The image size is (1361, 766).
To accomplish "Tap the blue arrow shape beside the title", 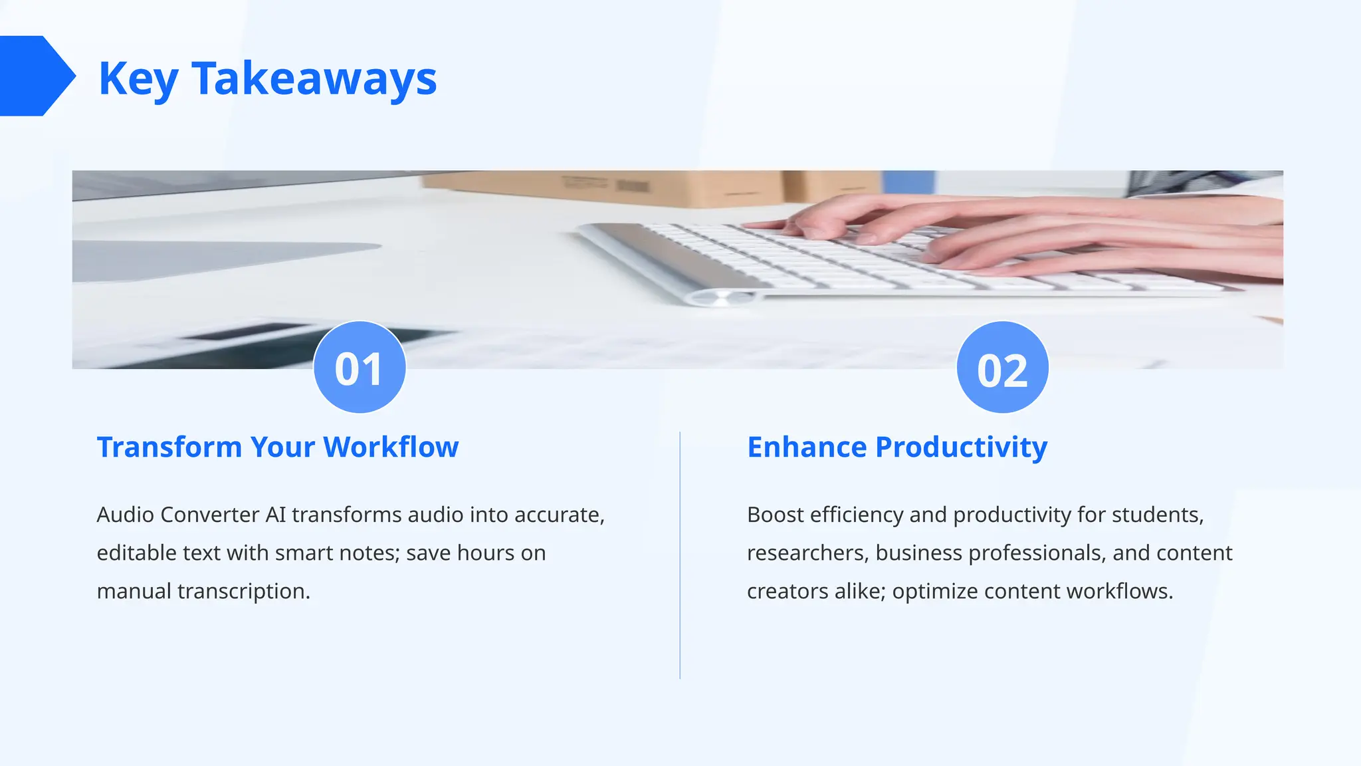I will (x=35, y=76).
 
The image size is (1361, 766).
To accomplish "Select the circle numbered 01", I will (x=360, y=368).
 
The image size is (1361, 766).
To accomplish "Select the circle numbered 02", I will (x=1002, y=368).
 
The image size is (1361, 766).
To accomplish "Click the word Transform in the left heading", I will (x=169, y=447).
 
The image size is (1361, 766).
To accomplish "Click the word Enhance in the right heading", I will (x=807, y=447).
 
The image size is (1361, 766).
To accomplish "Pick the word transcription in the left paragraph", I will (x=243, y=591).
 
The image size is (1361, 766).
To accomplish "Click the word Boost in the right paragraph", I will (x=775, y=515).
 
